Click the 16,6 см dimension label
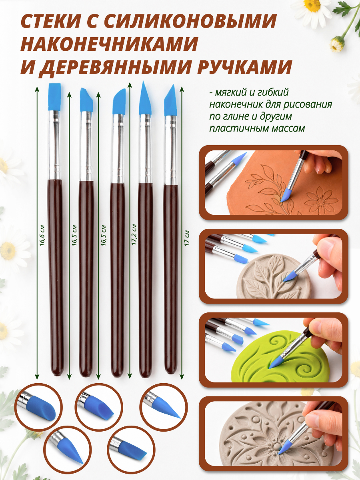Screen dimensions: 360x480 point(42,235)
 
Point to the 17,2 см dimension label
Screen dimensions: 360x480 point(134,234)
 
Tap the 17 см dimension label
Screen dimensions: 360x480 point(187,238)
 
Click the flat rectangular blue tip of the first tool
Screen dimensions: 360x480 point(54,97)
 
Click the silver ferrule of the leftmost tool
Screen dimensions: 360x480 point(54,145)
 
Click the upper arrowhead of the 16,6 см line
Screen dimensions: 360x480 point(37,89)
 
